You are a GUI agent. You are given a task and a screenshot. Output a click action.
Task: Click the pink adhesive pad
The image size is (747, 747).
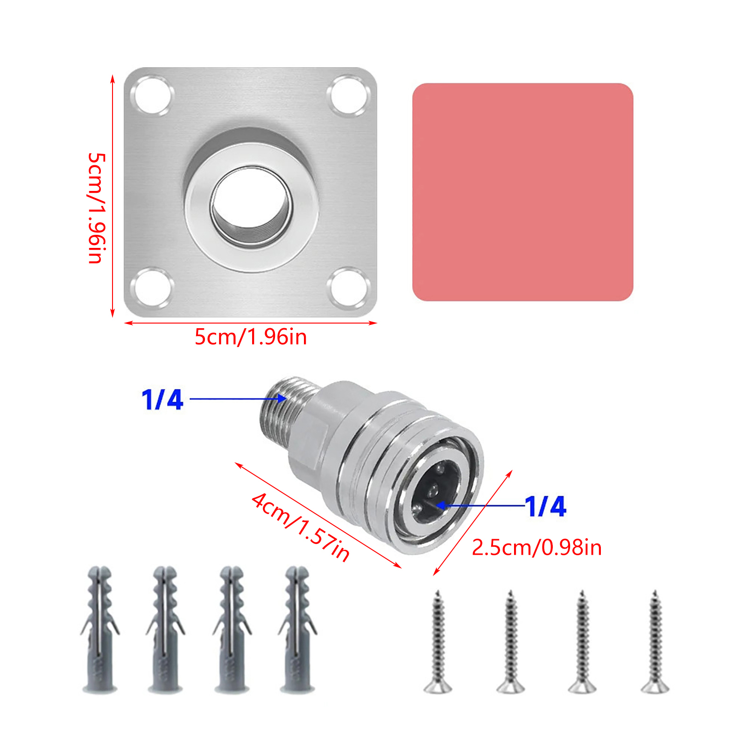click(522, 192)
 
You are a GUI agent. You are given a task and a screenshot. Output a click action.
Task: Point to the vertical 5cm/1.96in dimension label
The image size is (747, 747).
click(97, 208)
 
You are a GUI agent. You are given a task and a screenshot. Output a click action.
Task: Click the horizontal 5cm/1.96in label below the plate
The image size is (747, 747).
click(251, 337)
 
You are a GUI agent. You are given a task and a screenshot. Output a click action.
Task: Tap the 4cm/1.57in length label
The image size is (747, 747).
click(301, 527)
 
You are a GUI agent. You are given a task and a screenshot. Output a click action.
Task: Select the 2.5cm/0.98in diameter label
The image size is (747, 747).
click(536, 548)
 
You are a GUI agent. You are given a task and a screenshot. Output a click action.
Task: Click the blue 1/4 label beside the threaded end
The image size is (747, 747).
click(162, 400)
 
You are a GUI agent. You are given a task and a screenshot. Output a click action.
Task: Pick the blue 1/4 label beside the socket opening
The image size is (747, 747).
click(545, 506)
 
